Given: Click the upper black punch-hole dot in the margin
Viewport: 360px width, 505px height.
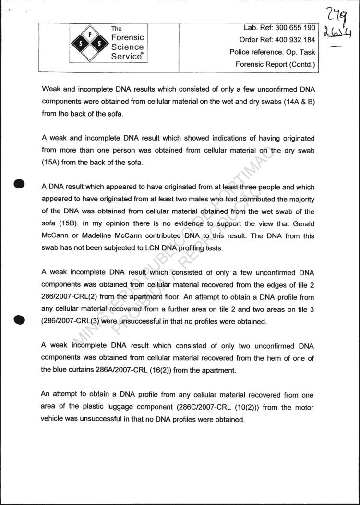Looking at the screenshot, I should coord(19,184).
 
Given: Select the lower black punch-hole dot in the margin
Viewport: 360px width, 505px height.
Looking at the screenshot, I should coord(19,320).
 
